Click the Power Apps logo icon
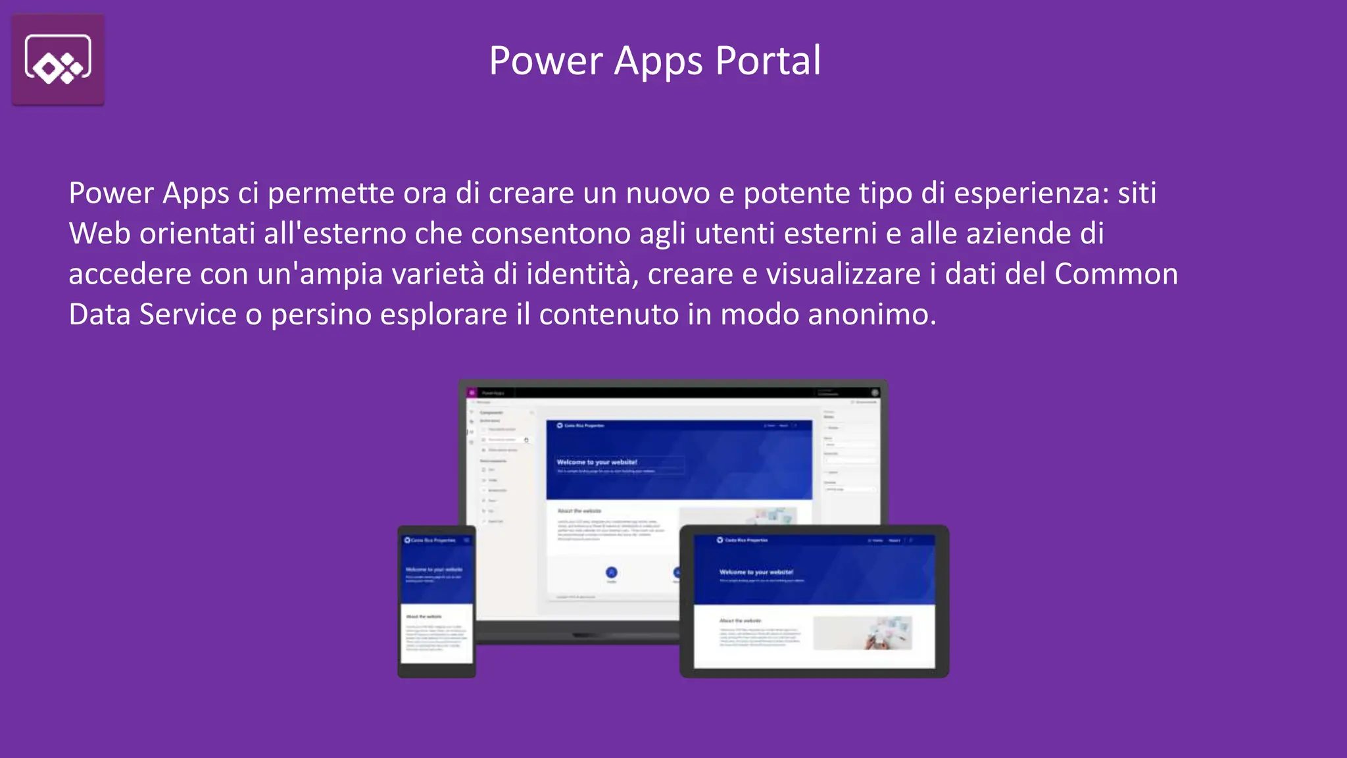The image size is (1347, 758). click(x=58, y=60)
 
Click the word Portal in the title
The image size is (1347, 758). click(x=768, y=61)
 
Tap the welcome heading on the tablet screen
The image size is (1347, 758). click(x=756, y=572)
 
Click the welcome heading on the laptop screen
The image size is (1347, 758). click(x=597, y=462)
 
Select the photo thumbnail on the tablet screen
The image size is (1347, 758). click(x=862, y=633)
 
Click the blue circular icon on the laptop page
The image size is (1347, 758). click(x=611, y=572)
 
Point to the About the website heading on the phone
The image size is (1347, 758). click(x=424, y=617)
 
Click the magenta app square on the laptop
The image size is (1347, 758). click(x=472, y=393)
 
